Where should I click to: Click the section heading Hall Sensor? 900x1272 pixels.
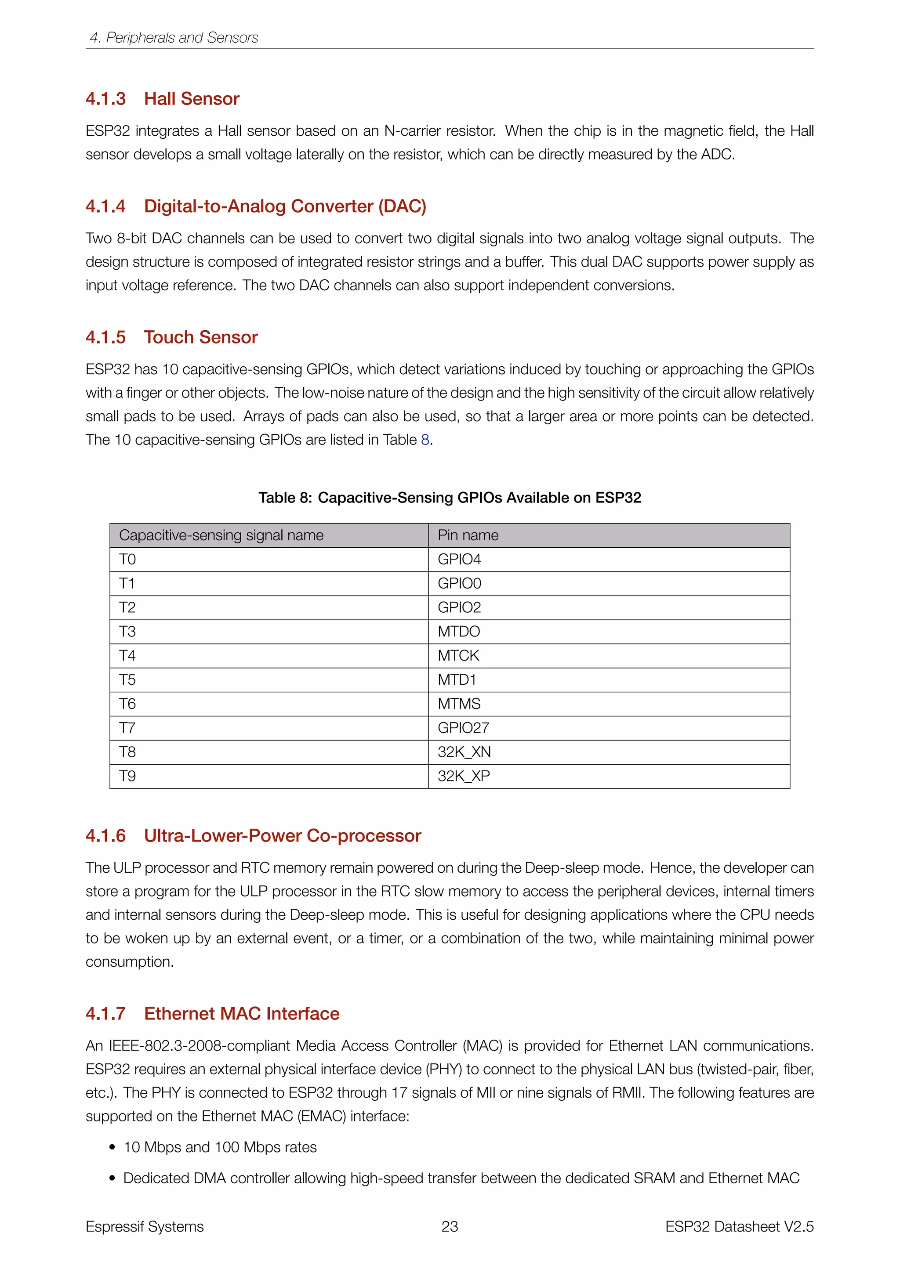coord(191,99)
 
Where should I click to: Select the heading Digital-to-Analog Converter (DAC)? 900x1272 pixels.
coord(285,206)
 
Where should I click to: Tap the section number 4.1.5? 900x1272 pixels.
coord(105,337)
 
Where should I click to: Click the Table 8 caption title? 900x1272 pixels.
coord(450,498)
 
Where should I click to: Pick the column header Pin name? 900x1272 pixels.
coord(468,535)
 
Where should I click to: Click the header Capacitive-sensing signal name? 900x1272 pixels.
coord(221,535)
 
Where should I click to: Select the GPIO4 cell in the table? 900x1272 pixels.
coord(459,560)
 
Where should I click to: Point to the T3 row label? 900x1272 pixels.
coord(127,632)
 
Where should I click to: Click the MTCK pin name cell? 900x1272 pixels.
coord(458,656)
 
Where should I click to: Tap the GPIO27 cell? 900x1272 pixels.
coord(463,728)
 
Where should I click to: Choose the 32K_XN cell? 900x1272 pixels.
coord(464,752)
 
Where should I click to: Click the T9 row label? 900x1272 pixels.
coord(127,776)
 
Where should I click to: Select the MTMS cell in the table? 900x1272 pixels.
coord(459,704)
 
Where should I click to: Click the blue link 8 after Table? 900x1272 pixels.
coord(425,440)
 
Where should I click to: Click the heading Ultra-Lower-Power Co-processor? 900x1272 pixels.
coord(282,835)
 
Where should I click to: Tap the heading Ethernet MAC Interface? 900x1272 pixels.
coord(242,1013)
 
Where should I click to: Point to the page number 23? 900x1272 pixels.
coord(450,1227)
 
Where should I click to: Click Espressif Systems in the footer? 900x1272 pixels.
coord(145,1227)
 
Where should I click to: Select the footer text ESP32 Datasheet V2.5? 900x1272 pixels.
coord(739,1227)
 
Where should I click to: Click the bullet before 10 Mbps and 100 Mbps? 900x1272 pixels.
coord(112,1147)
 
